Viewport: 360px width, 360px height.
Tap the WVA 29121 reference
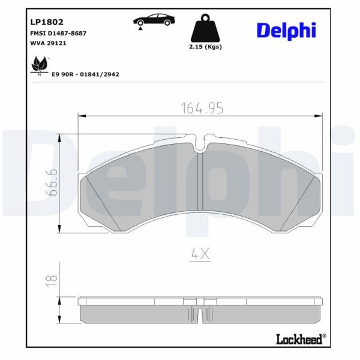pyautogui.click(x=48, y=44)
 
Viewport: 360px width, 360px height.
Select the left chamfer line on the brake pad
pyautogui.click(x=98, y=200)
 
